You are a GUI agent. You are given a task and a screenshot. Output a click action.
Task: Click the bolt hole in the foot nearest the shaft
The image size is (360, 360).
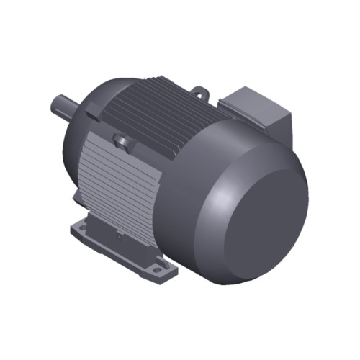85,230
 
